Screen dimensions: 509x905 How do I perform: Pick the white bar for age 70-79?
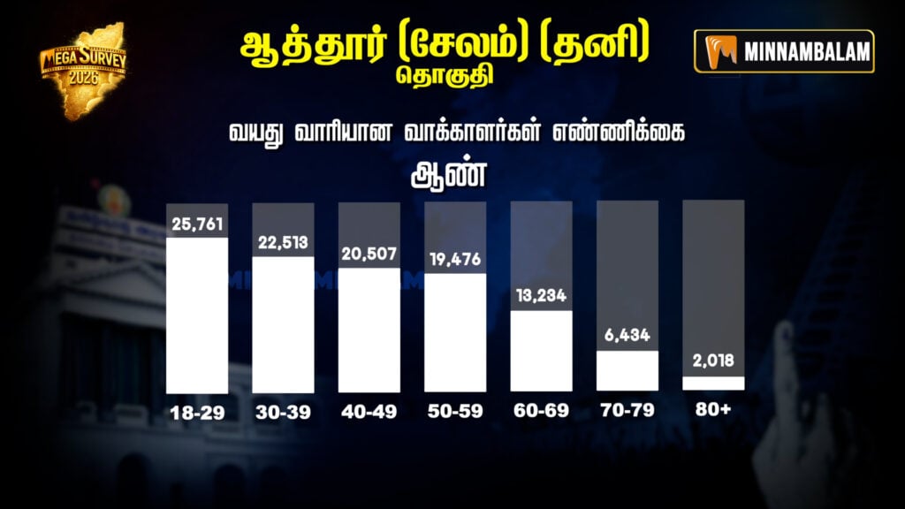[627, 371]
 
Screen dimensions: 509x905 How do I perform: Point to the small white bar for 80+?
[713, 384]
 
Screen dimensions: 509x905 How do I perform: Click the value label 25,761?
[197, 223]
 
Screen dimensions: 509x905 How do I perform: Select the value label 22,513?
[284, 241]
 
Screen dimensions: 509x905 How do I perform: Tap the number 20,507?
[369, 254]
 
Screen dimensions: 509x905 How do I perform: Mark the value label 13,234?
[542, 295]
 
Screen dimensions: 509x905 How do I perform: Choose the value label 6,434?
[627, 337]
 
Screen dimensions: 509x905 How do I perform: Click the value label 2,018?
[713, 361]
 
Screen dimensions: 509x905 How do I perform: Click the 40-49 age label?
[369, 412]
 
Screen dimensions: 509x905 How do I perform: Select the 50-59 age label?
[455, 412]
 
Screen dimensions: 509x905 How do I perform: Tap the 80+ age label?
[713, 412]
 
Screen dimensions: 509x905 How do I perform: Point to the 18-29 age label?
[197, 412]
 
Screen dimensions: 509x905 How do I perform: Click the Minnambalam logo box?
[784, 51]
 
